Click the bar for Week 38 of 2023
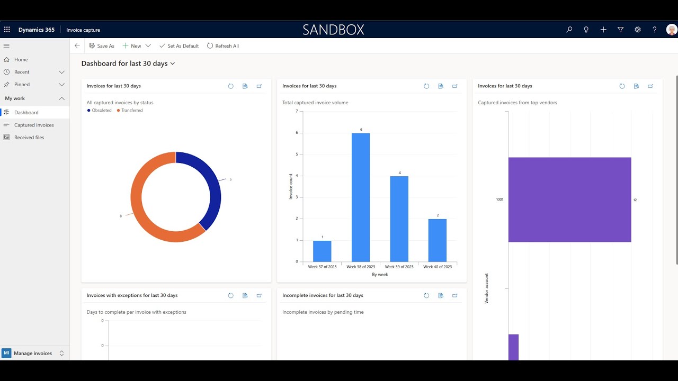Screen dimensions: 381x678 click(361, 197)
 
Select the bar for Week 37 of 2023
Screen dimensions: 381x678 click(322, 251)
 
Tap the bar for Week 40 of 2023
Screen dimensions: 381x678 click(438, 240)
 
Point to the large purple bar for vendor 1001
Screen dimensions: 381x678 click(569, 199)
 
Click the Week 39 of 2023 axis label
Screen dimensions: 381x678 click(399, 267)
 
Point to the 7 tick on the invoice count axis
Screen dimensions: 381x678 click(297, 111)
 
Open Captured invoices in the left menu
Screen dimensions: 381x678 click(34, 125)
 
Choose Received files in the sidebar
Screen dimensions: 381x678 click(29, 138)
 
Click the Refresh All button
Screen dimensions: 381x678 click(223, 46)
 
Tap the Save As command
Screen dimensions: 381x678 click(102, 46)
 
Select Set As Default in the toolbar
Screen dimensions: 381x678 click(179, 46)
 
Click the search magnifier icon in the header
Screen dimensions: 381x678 click(569, 30)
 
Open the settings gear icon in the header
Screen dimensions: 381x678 click(638, 30)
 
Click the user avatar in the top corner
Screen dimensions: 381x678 click(671, 30)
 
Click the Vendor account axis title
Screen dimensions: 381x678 click(487, 288)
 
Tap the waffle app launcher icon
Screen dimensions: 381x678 click(7, 30)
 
